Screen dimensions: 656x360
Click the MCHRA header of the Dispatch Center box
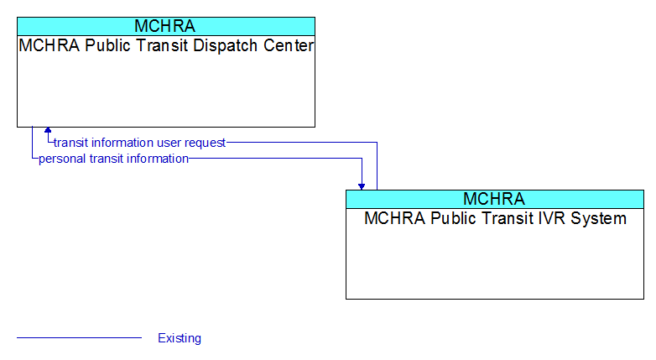164,26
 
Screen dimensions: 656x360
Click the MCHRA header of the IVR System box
494,199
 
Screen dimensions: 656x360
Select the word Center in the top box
289,45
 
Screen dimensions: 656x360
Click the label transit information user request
140,143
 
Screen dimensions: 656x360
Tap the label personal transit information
113,159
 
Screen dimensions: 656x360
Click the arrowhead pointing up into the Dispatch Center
48,130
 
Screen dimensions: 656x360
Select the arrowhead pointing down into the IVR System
362,186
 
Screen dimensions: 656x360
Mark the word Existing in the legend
180,338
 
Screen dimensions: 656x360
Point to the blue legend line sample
79,337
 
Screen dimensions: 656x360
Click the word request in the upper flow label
206,143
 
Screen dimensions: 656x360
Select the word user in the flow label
169,143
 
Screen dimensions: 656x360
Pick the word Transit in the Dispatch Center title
162,45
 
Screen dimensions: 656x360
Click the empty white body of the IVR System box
494,263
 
